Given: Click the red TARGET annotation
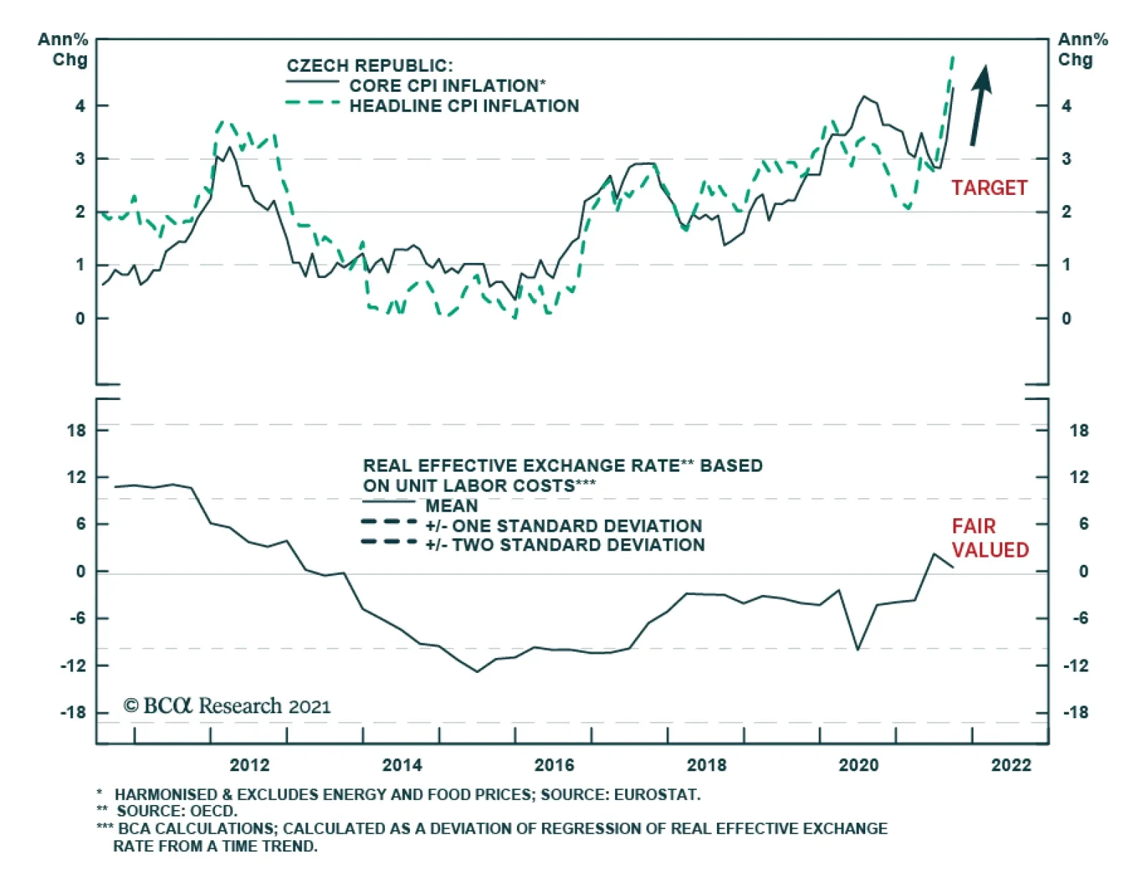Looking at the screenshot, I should coord(989,188).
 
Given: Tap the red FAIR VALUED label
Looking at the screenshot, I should coord(990,538).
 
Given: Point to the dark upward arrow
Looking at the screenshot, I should coord(980,105).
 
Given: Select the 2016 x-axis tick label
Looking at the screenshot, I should coord(554,765).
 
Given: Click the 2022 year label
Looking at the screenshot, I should coord(1011,765).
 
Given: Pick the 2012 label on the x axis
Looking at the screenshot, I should coord(249,765).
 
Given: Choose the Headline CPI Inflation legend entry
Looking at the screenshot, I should coord(464,106).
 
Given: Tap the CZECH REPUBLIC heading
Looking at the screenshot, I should coord(370,66).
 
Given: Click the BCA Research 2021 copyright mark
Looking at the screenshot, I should coord(227,706).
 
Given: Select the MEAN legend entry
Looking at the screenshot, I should coord(451,505).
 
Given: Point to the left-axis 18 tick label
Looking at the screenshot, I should coord(76,430).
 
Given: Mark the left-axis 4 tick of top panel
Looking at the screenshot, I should coord(80,106).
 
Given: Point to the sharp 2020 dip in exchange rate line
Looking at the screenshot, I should coord(857,649).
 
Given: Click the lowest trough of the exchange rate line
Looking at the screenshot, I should coord(477,672).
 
